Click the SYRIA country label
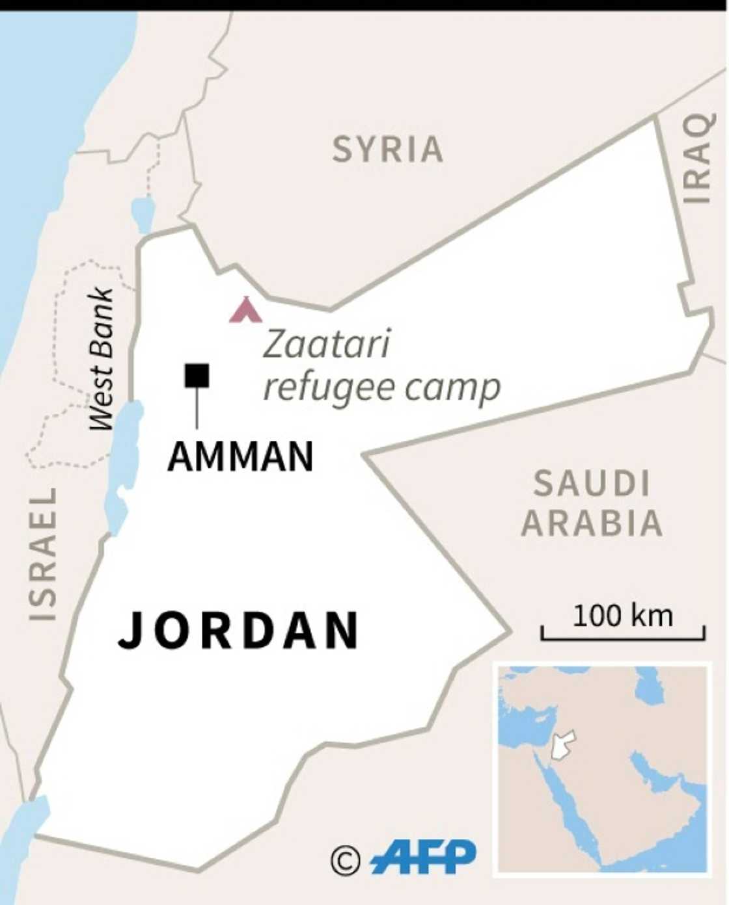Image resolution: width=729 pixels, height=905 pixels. pos(388,150)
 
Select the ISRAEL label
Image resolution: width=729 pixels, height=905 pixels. pos(43,553)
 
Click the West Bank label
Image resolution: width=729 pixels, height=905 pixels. pos(102,358)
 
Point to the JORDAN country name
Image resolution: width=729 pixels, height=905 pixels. pos(238,630)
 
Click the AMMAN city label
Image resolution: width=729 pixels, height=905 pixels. pos(241,456)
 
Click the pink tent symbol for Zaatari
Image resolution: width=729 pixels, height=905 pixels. pos(245,310)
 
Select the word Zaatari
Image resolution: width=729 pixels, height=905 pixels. pos(326,345)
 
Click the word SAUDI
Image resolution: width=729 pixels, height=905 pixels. pos(592,484)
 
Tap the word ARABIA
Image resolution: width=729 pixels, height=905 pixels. pos(592,523)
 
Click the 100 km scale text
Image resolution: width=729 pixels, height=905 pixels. pos(622,616)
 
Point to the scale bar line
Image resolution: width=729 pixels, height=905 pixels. pos(622,638)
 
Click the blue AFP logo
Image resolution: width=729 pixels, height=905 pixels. pos(424,858)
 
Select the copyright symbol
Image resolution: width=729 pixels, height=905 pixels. pos(345,861)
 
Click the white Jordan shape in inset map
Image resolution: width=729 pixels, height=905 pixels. pos(562,745)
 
